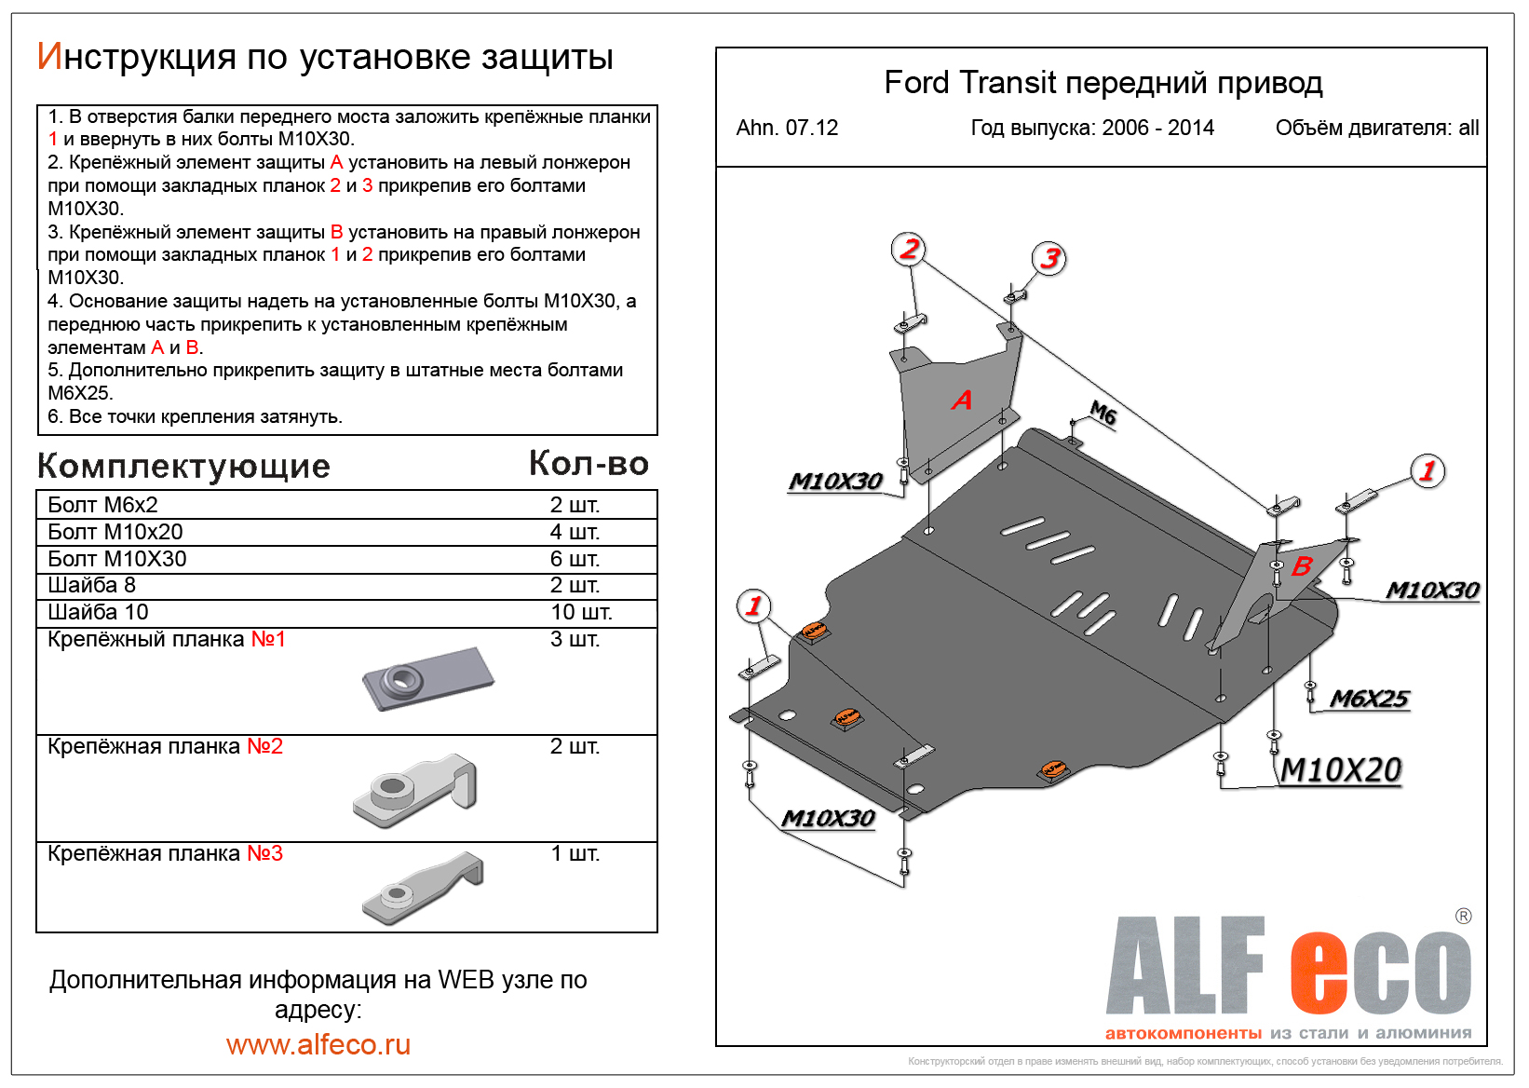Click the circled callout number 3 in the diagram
pos(1049,258)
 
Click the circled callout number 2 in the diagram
pos(909,249)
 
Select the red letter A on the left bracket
pos(961,400)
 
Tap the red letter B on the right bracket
pos(1301,565)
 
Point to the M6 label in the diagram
pos(1103,412)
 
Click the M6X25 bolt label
pos(1369,699)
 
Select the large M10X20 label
pos(1341,770)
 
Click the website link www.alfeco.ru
pos(318,1044)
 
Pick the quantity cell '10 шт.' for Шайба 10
pos(581,612)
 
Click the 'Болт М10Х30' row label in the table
pos(117,559)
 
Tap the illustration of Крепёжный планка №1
pos(428,678)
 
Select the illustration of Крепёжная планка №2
pos(416,790)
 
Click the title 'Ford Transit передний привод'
pos(1103,83)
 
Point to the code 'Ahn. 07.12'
pos(787,128)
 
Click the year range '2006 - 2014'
pos(1157,128)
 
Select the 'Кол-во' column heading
pos(589,463)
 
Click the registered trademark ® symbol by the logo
pos(1463,916)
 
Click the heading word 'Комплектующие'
pos(183,466)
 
